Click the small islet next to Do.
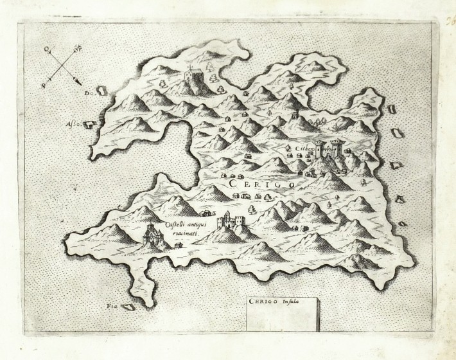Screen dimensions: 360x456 pos(101,91)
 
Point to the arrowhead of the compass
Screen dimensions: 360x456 pos(78,81)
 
